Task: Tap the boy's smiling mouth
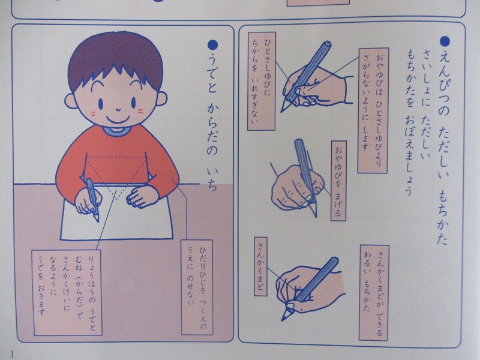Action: pyautogui.click(x=118, y=118)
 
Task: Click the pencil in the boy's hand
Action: pyautogui.click(x=92, y=199)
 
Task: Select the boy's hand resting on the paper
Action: pyautogui.click(x=142, y=196)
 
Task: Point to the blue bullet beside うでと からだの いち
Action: pyautogui.click(x=212, y=46)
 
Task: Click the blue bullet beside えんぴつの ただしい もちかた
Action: pyautogui.click(x=445, y=41)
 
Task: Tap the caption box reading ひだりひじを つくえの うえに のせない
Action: pyautogui.click(x=197, y=287)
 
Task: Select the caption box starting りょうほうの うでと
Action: pyautogui.click(x=67, y=293)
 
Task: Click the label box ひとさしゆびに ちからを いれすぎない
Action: pyautogui.click(x=261, y=81)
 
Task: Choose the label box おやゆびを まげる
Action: pyautogui.click(x=338, y=181)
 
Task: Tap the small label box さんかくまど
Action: pyautogui.click(x=260, y=266)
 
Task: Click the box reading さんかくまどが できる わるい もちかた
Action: pyautogui.click(x=374, y=293)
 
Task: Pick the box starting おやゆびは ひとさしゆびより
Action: pyautogui.click(x=373, y=110)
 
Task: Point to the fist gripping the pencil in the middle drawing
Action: pyautogui.click(x=297, y=187)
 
